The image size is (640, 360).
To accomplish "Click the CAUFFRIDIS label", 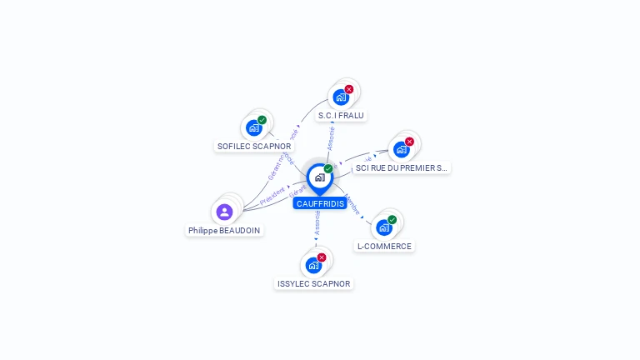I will point(320,203).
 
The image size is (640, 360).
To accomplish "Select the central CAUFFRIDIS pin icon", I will point(319,177).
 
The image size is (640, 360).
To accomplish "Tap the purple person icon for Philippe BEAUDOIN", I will point(224,212).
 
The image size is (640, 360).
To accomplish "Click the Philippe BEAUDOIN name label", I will point(224,230).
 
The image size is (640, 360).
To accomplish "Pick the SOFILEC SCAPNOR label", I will point(254,146).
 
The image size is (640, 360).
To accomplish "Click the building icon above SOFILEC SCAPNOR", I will point(254,128).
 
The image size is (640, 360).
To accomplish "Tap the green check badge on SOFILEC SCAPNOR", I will point(262,120).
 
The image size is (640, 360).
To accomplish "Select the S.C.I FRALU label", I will point(341,115).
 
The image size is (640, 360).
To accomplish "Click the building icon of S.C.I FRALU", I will point(341,97).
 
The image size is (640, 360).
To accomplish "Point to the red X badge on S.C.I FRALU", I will point(349,89).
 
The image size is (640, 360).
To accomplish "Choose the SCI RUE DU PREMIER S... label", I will point(402,167).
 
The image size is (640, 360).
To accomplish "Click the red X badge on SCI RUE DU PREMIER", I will point(409,142).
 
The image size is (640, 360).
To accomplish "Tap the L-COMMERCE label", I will point(384,246).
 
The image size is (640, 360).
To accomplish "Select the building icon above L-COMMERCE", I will point(383,227).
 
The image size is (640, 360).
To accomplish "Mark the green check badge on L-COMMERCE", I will point(392,220).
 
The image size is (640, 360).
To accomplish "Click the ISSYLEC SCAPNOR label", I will point(314,283).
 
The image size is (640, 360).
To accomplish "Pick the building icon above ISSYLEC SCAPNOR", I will point(313,266).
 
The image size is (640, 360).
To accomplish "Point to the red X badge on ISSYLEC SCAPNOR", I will point(322,257).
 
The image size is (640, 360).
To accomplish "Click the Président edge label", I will point(272,197).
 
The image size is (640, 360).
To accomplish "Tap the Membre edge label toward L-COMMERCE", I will point(352,204).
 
